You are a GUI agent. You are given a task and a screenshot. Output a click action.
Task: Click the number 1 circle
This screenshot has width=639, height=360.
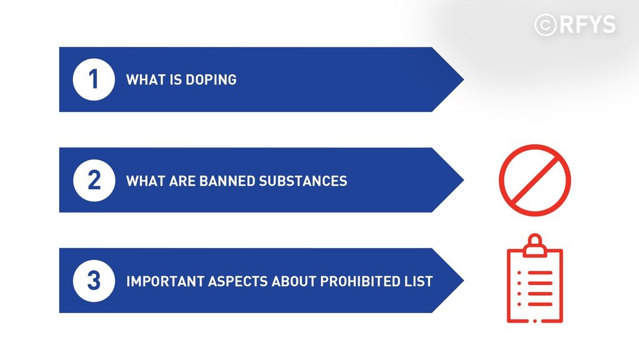[94, 79]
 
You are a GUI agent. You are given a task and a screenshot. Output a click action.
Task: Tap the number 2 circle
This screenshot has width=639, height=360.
[94, 180]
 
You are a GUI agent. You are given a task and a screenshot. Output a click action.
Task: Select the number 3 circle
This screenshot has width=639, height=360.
[94, 281]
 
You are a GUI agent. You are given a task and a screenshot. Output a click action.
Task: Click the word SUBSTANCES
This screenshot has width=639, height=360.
[303, 181]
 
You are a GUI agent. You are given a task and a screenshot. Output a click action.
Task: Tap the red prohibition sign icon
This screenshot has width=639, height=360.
[535, 180]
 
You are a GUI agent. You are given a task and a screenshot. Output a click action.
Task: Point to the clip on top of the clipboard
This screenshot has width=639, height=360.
[535, 245]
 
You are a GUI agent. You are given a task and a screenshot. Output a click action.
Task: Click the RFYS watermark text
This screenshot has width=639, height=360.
[587, 24]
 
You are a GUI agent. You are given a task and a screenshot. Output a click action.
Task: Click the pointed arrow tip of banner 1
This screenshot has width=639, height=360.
[464, 79]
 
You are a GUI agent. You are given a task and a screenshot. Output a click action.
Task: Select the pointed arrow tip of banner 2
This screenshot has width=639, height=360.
[464, 180]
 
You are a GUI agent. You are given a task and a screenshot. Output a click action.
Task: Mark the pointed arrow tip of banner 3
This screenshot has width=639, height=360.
[464, 281]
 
